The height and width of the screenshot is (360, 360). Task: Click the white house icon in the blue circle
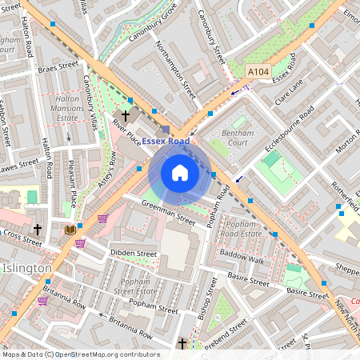(180, 173)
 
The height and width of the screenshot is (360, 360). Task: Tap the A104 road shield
(258, 72)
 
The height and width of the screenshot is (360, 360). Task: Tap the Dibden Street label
(133, 253)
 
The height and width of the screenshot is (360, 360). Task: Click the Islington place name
(26, 267)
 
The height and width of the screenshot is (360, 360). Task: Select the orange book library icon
(70, 230)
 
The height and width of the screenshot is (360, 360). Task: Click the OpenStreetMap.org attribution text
(107, 354)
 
